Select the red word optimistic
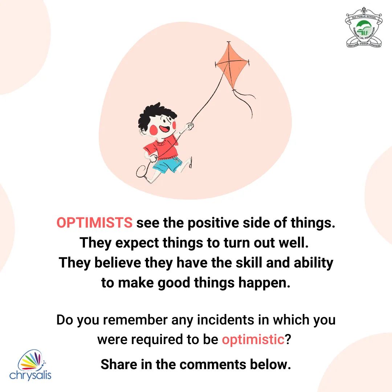(253, 339)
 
